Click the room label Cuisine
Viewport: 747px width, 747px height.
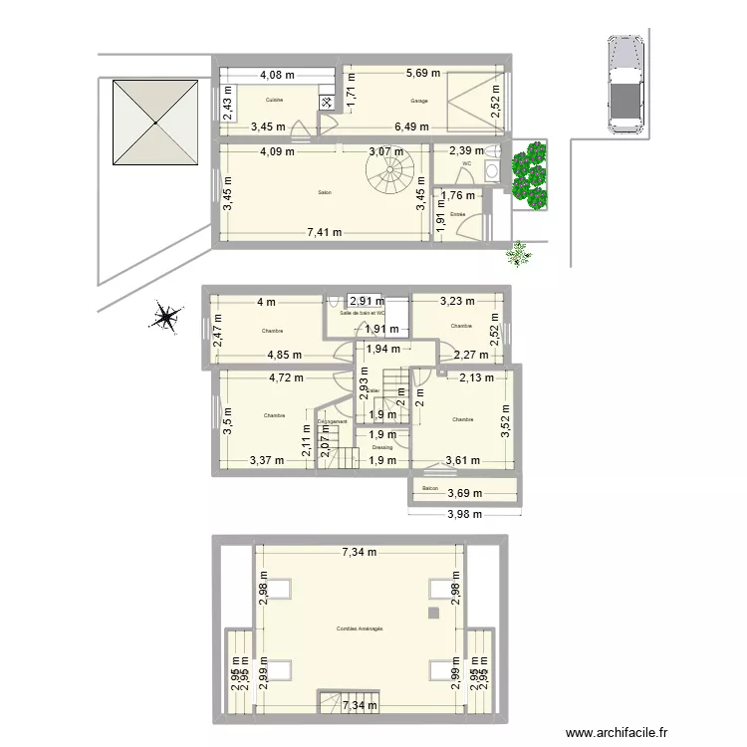click(x=275, y=101)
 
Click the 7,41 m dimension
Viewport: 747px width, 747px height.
click(x=324, y=233)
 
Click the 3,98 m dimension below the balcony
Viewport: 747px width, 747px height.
click(x=463, y=514)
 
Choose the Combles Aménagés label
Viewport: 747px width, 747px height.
click(x=360, y=628)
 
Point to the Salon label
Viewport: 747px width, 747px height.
click(x=325, y=192)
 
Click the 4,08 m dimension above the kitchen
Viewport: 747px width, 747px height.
click(x=278, y=73)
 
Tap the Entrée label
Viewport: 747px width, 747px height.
click(x=458, y=214)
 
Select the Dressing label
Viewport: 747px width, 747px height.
click(x=383, y=448)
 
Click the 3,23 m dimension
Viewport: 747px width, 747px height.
click(x=458, y=300)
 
